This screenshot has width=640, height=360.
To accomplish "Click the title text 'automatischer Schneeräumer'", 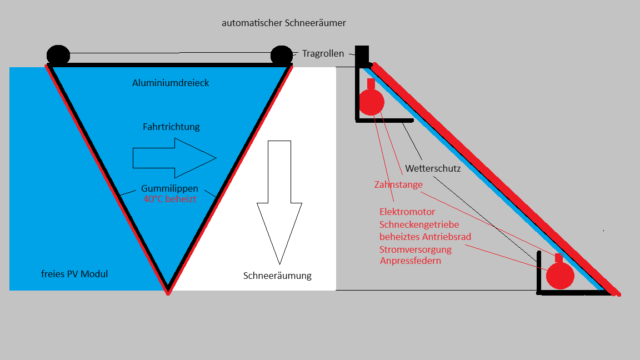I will [x=284, y=23].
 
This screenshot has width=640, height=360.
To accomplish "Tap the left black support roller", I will [x=58, y=55].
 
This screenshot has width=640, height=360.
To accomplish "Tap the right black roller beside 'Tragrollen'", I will [x=282, y=55].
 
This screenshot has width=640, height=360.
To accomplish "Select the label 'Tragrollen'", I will [x=323, y=54].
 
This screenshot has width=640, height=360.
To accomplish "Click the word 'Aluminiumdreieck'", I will [x=171, y=83].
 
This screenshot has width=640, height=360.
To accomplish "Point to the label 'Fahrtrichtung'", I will [x=171, y=127].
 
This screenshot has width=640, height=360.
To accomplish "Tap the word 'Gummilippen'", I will [x=169, y=188].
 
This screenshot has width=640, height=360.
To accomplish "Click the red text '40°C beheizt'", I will [x=169, y=198].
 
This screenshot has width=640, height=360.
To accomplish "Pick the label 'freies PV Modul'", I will [x=74, y=274].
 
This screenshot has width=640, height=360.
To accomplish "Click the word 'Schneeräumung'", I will [x=277, y=276].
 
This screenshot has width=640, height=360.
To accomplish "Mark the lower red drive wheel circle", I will [x=559, y=276].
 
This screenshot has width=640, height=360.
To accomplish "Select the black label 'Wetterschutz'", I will [x=433, y=168].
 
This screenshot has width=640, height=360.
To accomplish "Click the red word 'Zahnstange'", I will [x=398, y=184].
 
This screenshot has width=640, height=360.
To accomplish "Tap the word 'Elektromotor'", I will [x=407, y=212].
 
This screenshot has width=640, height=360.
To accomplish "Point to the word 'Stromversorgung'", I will [x=416, y=249].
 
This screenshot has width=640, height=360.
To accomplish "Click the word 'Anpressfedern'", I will [x=411, y=261].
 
